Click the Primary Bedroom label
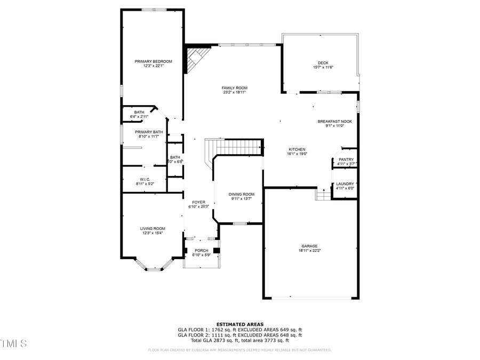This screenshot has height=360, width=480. tap(153, 62)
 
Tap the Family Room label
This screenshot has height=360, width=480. tap(235, 88)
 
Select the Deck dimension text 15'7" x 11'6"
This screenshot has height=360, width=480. tap(323, 67)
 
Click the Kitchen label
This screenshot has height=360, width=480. tap(297, 149)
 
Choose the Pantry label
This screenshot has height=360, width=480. tap(346, 159)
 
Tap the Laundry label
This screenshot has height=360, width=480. tap(345, 183)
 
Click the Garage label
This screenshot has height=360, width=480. tap(309, 246)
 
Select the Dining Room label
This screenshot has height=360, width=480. tap(242, 194)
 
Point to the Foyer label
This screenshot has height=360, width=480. tap(198, 202)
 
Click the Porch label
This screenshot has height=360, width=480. tap(201, 251)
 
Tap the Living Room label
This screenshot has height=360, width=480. tap(153, 228)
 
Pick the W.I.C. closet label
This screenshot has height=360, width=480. tap(145, 179)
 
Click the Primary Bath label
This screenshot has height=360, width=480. tap(149, 132)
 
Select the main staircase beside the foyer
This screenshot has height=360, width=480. tap(235, 147)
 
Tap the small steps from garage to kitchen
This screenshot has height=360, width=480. tap(323, 195)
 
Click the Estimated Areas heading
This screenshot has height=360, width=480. tap(239, 324)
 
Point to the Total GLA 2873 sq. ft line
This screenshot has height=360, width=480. tap(239, 340)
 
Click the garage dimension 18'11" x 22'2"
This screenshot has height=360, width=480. tap(309, 250)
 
